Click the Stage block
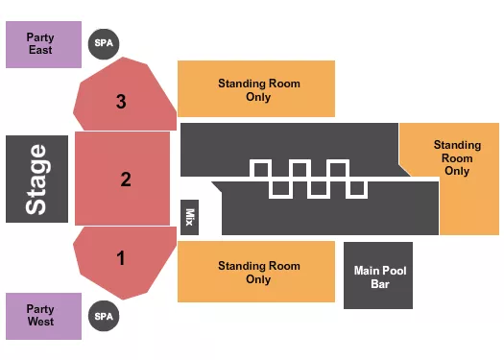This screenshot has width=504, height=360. click(x=36, y=179)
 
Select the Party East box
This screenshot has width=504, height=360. click(x=43, y=44)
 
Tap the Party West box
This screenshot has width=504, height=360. click(x=43, y=315)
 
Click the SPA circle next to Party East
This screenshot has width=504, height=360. click(x=103, y=43)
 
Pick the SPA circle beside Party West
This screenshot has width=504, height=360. click(x=103, y=315)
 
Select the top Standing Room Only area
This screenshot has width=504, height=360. click(x=257, y=89)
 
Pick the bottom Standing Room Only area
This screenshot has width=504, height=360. click(x=257, y=272)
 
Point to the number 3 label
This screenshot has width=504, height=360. click(x=121, y=100)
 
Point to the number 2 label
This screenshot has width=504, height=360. click(x=125, y=179)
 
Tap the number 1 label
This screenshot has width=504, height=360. click(x=121, y=257)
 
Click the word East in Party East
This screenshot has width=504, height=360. click(x=40, y=50)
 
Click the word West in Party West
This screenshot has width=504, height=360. click(x=40, y=322)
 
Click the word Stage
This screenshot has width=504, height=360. click(x=36, y=179)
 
